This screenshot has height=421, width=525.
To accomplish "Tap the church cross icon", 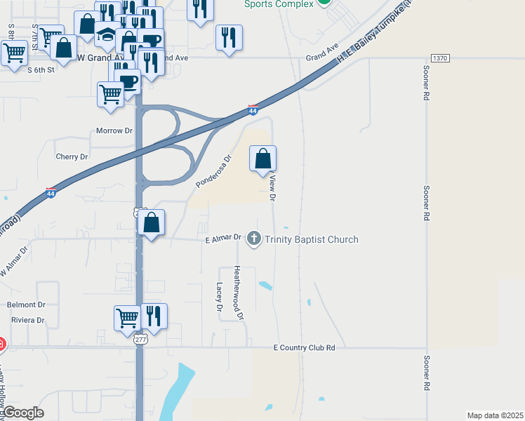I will pos(254,240).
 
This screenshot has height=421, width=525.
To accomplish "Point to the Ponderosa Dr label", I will pos(213,172).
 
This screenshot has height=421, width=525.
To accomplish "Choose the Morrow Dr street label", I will pos(114,131).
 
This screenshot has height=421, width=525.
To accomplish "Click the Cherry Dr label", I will pos(74,157).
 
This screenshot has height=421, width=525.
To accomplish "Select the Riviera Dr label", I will pos(27,320).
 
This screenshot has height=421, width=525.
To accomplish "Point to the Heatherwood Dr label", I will pos(239,292).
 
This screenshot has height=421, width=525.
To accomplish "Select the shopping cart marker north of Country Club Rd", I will pos(128,317).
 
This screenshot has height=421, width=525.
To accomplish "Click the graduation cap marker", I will pos(107,35).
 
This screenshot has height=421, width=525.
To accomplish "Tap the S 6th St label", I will pos(41,70).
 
